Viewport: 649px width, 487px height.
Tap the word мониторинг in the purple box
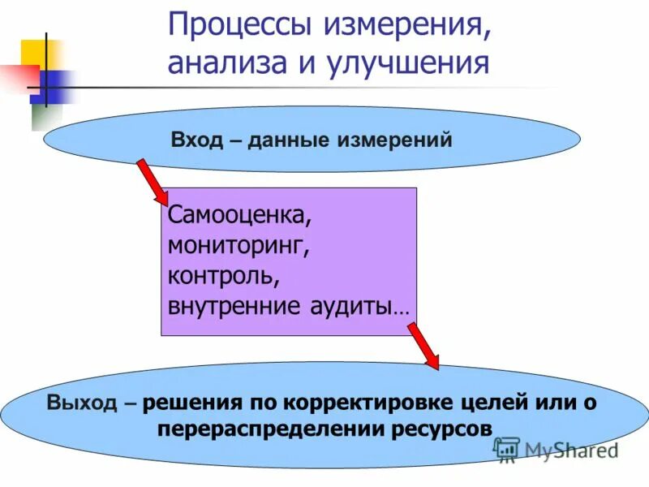pos(239,247)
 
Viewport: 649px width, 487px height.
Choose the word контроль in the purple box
pos(223,277)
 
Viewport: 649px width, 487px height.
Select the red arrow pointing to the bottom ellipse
pos(423,345)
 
